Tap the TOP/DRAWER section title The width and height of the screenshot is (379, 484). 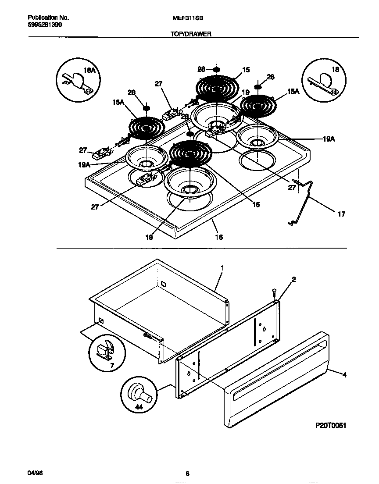tap(191, 34)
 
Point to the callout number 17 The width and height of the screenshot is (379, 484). tap(341, 214)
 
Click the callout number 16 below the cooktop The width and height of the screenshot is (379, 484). tap(219, 237)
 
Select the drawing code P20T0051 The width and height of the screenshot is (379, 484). tap(330, 425)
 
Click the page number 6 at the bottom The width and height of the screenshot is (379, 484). tap(187, 474)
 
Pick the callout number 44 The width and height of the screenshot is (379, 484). tap(139, 407)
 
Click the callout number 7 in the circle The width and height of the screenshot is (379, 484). tap(112, 366)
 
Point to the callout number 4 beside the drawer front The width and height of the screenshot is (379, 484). tap(344, 375)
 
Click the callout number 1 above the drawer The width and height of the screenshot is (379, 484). tap(222, 268)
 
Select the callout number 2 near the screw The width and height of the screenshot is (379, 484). tap(294, 279)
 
